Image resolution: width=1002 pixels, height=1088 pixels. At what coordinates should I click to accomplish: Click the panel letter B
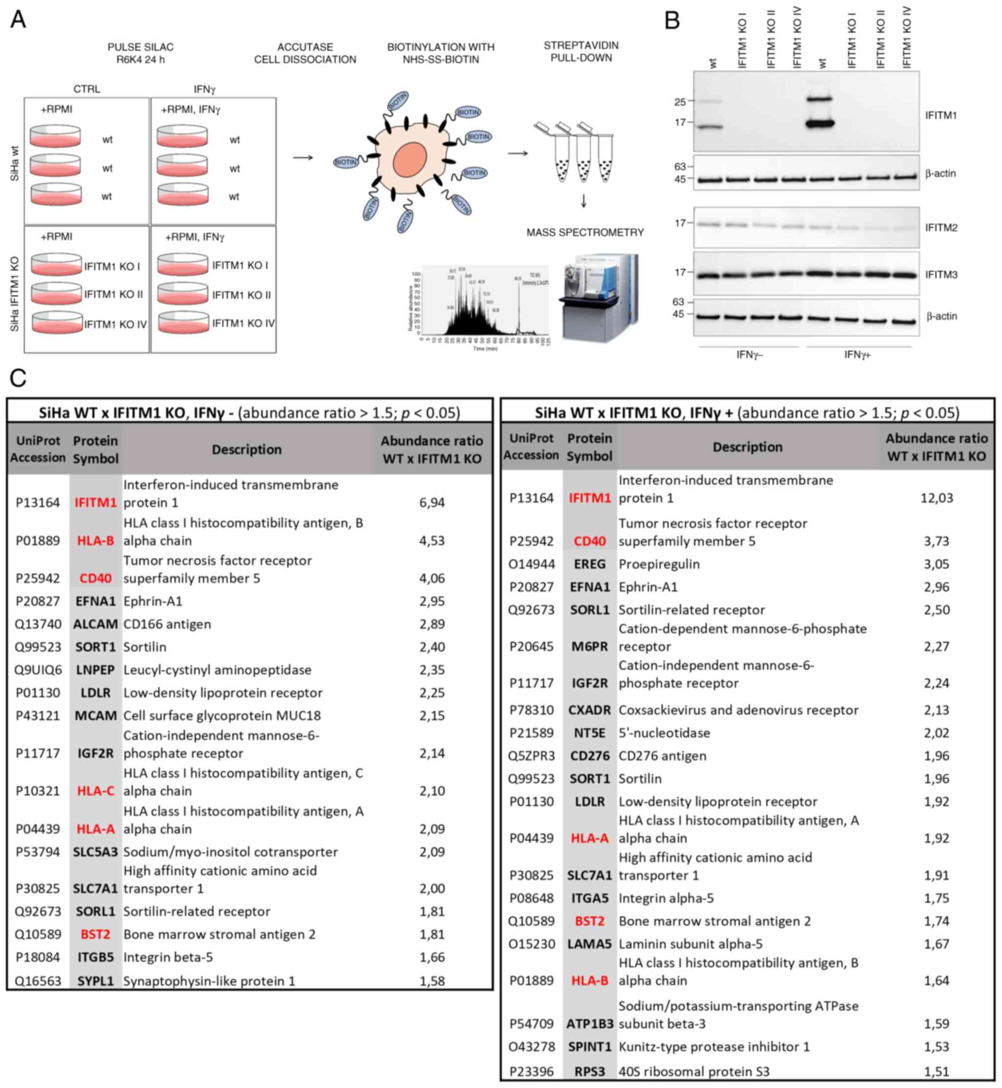coord(672,21)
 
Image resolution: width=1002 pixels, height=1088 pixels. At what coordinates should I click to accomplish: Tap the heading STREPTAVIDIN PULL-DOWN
coord(581,51)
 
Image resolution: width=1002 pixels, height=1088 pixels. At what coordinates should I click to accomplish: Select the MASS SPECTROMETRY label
coord(585,233)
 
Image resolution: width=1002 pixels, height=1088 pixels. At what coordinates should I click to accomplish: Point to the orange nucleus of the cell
coord(409,159)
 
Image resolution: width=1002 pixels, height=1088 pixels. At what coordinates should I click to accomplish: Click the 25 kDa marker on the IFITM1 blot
coord(680,102)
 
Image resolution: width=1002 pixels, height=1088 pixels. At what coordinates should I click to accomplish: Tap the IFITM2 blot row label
coord(941,228)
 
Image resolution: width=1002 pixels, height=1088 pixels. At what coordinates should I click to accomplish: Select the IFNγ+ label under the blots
coord(857,355)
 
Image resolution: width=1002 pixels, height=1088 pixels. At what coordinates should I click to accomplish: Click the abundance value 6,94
coord(431,502)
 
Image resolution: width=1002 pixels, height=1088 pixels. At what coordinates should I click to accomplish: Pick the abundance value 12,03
coord(936,498)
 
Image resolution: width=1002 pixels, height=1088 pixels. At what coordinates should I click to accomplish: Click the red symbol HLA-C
coord(96,791)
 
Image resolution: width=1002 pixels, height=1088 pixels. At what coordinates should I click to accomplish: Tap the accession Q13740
coord(38,624)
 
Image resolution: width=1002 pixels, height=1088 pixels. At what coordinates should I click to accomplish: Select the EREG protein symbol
coord(589,564)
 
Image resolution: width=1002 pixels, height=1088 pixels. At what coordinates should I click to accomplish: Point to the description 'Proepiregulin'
coord(659,564)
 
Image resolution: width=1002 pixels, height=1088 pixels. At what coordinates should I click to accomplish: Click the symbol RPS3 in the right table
coord(589,1071)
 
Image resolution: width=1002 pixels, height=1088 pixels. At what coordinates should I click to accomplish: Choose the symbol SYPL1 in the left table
coord(96,980)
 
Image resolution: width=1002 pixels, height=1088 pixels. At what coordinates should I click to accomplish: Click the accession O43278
coord(532,1046)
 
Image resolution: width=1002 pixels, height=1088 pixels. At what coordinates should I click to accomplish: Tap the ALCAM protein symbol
coord(96,624)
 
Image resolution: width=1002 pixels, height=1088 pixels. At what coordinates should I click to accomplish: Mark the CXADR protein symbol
coord(589,710)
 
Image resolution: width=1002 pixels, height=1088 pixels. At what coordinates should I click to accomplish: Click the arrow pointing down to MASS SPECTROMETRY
coord(583,201)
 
